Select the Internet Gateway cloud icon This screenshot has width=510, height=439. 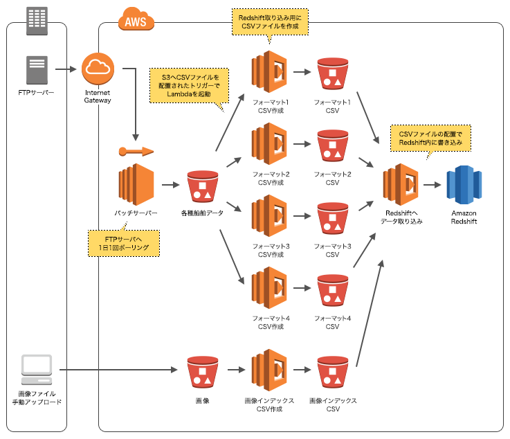click(98, 69)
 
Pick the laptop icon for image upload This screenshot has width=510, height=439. click(37, 370)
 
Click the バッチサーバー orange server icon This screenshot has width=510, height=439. click(136, 184)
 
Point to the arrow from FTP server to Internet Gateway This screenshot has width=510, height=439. click(66, 69)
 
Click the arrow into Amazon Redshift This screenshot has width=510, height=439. click(432, 185)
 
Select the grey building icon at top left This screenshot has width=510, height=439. click(37, 21)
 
